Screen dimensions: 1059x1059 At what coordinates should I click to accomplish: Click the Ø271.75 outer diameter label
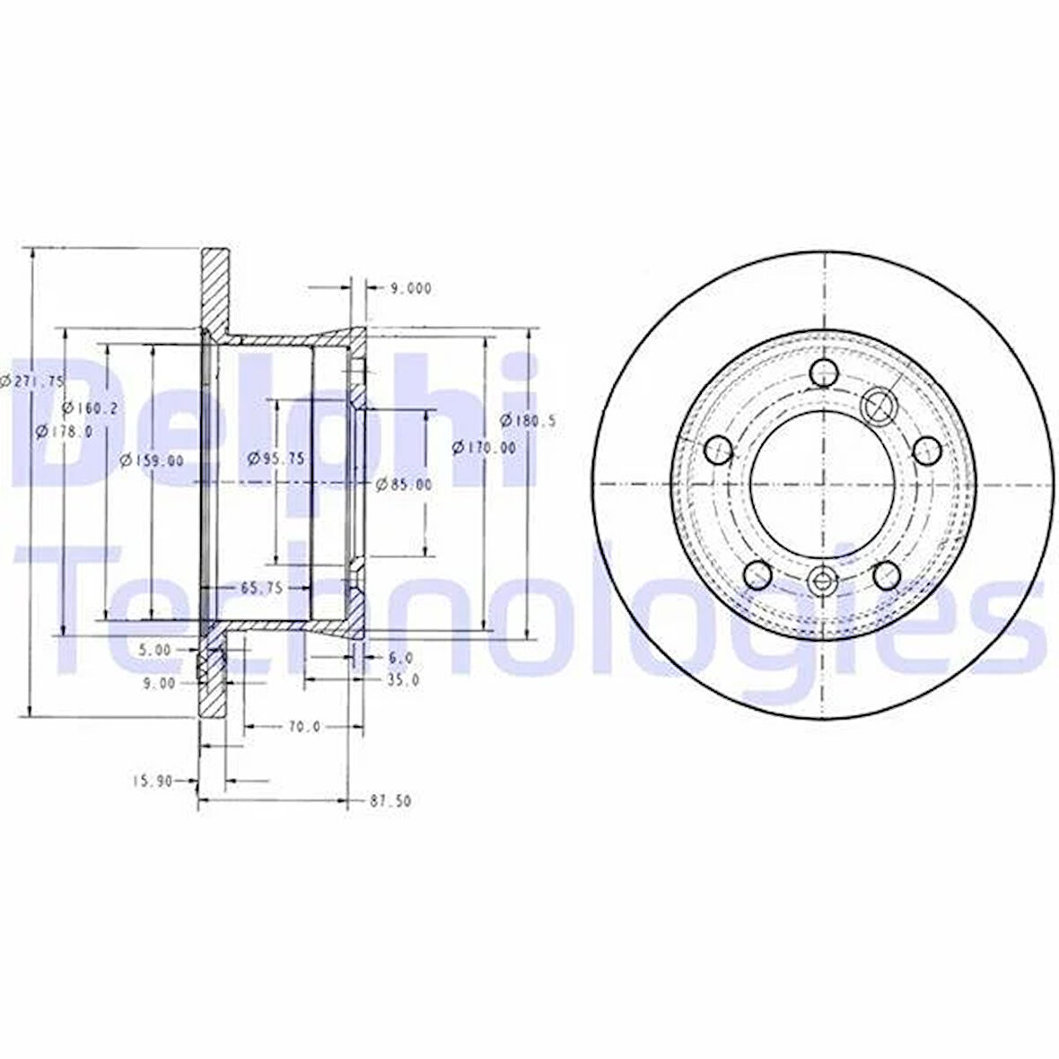pyautogui.click(x=32, y=381)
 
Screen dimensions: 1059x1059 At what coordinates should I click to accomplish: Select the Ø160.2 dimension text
pyautogui.click(x=91, y=407)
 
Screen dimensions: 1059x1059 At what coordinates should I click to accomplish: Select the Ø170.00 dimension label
pyautogui.click(x=485, y=447)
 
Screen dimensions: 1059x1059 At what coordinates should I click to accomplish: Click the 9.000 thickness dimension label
pyautogui.click(x=410, y=288)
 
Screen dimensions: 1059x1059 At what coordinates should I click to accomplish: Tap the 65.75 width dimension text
pyautogui.click(x=261, y=588)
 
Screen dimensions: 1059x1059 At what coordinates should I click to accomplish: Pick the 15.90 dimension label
pyautogui.click(x=152, y=781)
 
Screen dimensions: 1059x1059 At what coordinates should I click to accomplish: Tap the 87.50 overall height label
pyautogui.click(x=389, y=801)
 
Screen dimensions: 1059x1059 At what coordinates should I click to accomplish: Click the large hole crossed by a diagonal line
pyautogui.click(x=878, y=405)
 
